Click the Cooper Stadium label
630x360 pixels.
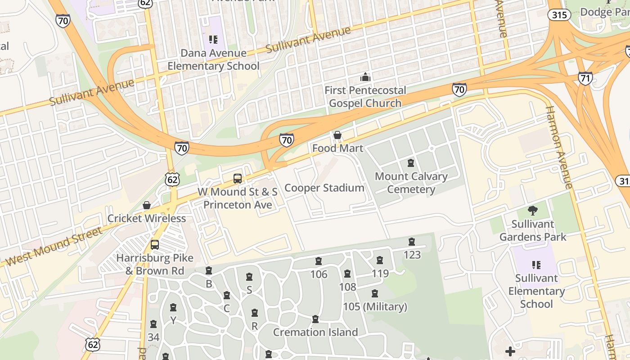(324, 188)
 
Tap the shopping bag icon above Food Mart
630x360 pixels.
(337, 135)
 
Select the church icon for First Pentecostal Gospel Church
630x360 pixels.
(365, 77)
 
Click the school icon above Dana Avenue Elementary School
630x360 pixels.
(213, 40)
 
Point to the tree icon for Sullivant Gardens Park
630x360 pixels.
(533, 210)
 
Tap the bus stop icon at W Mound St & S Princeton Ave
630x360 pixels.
(238, 179)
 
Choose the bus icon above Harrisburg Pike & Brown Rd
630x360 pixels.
(155, 245)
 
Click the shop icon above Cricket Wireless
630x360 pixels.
(147, 206)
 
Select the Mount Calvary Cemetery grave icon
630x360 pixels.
(410, 163)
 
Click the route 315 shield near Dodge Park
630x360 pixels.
(559, 14)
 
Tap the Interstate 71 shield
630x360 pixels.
(585, 78)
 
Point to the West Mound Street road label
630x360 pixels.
(54, 246)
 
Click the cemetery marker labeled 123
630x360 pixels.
(411, 242)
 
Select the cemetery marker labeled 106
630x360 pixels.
(319, 261)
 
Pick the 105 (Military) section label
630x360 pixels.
(375, 307)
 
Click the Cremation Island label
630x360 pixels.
(315, 332)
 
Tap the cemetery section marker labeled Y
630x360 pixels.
(173, 308)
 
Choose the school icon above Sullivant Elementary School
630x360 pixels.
(536, 265)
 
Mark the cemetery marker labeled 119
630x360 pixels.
(380, 261)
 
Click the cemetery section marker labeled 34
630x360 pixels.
(153, 324)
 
